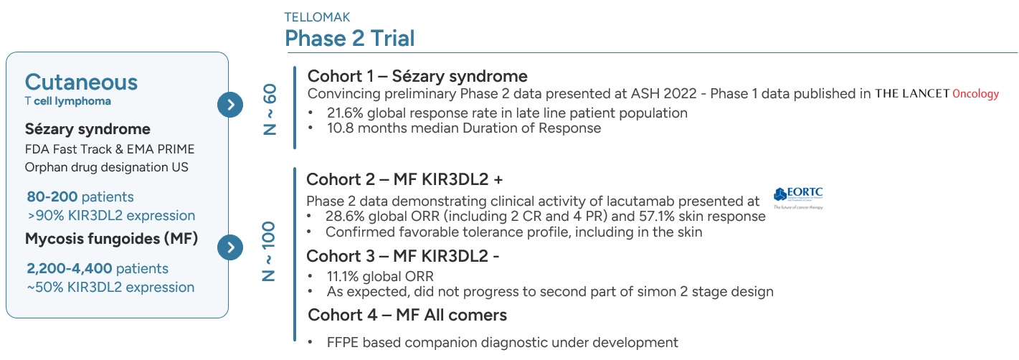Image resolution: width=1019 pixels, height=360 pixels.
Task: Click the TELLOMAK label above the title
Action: [x=317, y=17]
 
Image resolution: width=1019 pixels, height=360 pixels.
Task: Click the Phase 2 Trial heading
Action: [x=349, y=38]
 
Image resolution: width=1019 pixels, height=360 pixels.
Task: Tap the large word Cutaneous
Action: [x=81, y=82]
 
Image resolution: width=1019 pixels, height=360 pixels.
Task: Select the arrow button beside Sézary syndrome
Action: [x=230, y=105]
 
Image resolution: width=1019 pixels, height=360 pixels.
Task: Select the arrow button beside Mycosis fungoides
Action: [x=230, y=247]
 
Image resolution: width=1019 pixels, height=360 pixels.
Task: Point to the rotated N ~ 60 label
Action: [x=270, y=109]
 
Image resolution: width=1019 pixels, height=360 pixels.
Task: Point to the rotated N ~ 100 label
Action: [x=269, y=251]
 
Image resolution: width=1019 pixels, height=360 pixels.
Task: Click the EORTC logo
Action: [x=798, y=198]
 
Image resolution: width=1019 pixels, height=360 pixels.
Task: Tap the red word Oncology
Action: [x=975, y=94]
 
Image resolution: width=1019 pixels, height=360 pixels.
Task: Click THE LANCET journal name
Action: [x=912, y=94]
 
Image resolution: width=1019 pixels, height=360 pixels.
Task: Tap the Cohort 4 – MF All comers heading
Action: [x=407, y=315]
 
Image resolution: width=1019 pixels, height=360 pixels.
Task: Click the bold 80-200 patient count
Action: [x=52, y=196]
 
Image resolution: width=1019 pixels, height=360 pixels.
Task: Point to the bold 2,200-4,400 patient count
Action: [x=69, y=268]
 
